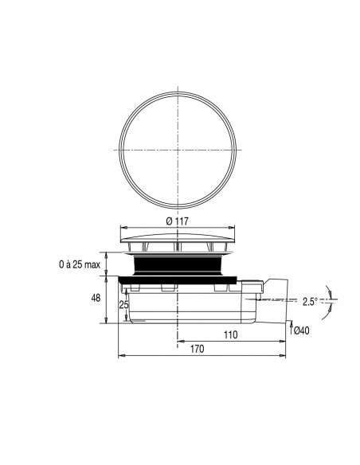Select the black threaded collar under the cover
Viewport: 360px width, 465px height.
tap(177, 264)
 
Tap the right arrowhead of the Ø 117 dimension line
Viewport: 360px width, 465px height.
tap(234, 225)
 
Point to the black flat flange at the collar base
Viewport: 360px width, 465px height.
tap(177, 278)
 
